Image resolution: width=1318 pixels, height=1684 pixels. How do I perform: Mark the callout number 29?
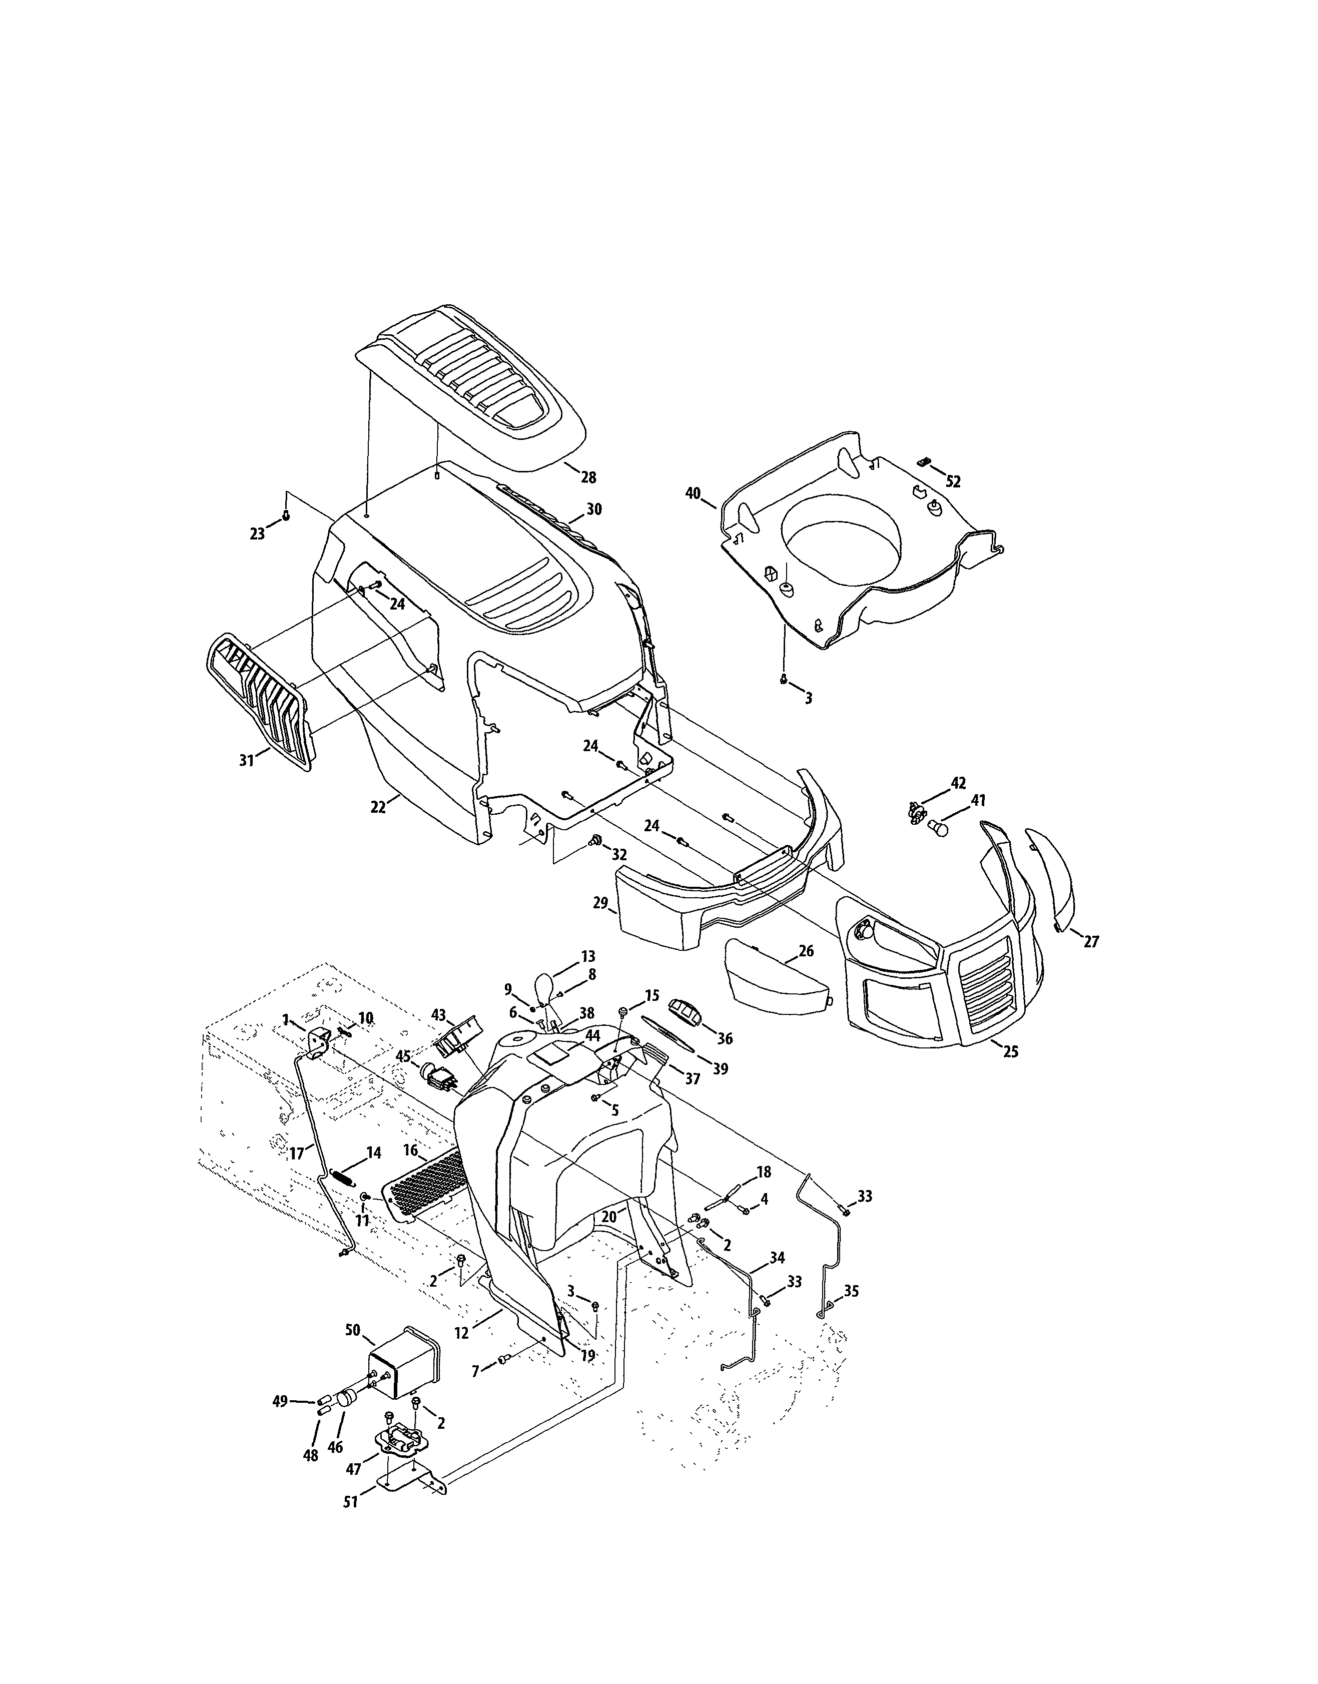(601, 903)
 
